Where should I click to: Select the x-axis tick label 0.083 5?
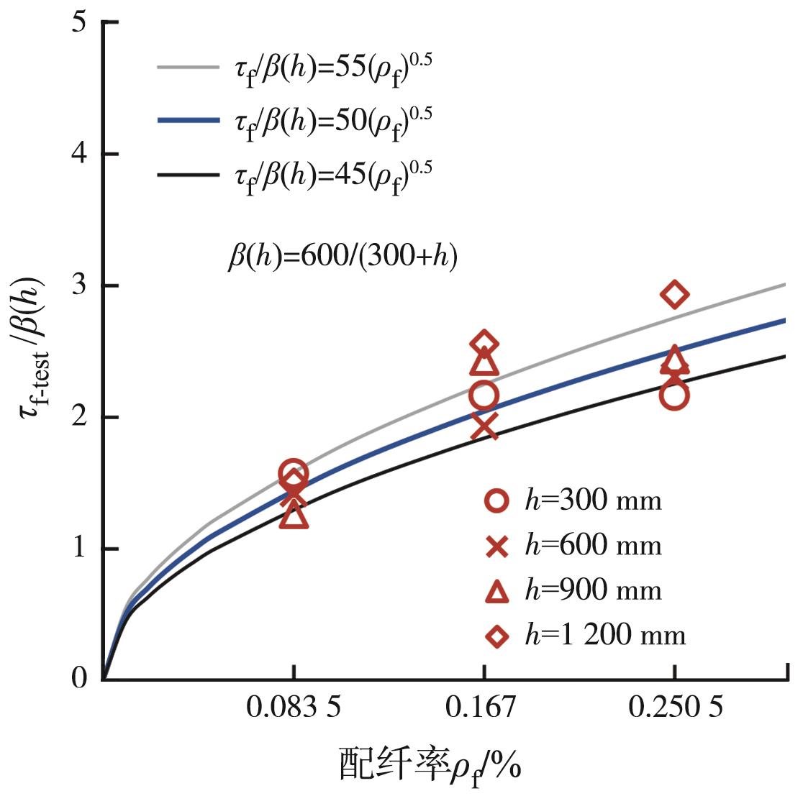pos(294,708)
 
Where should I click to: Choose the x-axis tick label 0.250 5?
pos(675,708)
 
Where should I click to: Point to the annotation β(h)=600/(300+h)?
pos(342,257)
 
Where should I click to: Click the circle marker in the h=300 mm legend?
pos(496,500)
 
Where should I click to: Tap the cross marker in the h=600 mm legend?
pos(496,546)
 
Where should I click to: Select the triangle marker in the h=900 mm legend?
pos(496,591)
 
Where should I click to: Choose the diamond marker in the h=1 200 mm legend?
pos(496,636)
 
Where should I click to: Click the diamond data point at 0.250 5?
pos(675,294)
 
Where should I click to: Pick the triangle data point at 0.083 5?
pos(294,516)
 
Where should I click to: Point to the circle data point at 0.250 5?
pos(675,395)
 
